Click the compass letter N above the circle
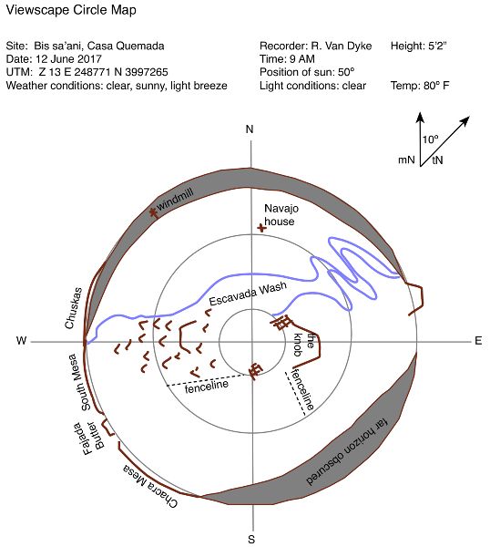[x=250, y=129]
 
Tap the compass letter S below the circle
[x=251, y=539]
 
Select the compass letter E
[x=478, y=341]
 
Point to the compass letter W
[x=22, y=340]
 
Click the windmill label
[x=175, y=200]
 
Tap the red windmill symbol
[x=152, y=212]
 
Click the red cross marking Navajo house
[x=261, y=228]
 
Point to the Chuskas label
[x=74, y=308]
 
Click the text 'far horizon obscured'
[x=347, y=452]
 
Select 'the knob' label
[x=303, y=345]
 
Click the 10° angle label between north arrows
[x=431, y=139]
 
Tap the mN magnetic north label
[x=406, y=160]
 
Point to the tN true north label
[x=437, y=160]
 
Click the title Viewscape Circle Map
[x=71, y=10]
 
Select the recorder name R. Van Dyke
[x=341, y=46]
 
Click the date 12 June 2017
[x=68, y=58]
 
